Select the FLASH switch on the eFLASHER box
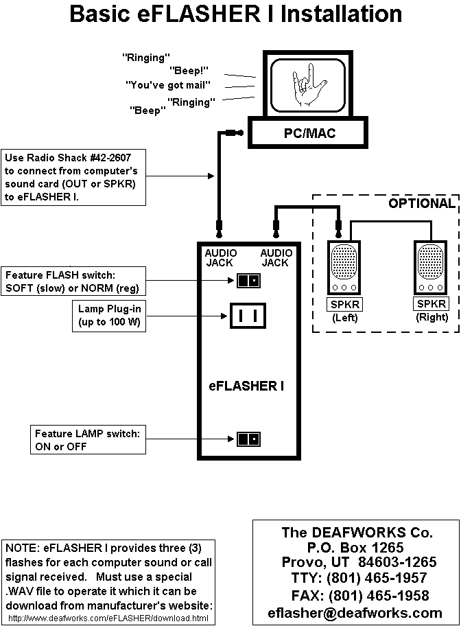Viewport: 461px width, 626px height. pos(248,280)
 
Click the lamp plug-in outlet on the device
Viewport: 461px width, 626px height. pos(248,316)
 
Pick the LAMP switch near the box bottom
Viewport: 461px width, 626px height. pos(248,439)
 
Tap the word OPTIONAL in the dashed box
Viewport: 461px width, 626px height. pos(421,203)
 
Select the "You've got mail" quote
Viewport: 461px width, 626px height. pos(167,84)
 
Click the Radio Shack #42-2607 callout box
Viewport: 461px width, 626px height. pos(74,177)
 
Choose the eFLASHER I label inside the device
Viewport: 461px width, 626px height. pos(246,386)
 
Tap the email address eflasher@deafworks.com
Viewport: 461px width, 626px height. pos(355,613)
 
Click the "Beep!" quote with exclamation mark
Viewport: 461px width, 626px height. pos(189,69)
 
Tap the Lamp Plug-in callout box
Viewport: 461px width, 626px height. pos(108,316)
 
